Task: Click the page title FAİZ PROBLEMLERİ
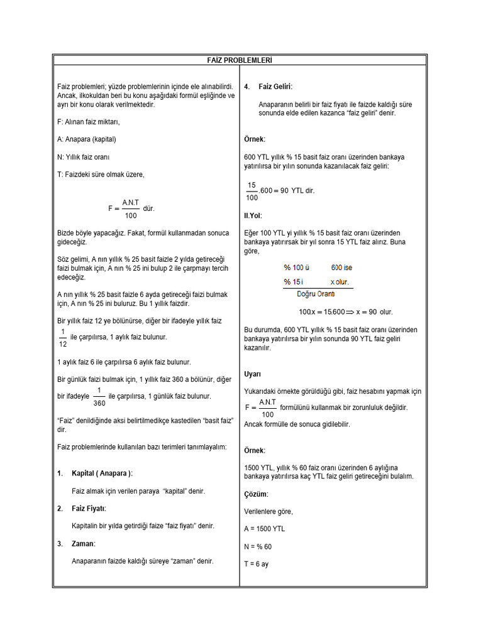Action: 240,60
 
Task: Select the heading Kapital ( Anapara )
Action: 102,473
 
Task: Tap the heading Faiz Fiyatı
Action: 89,508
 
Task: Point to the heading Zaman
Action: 84,543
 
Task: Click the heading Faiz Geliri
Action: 275,86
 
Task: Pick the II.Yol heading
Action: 253,215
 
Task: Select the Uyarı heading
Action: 253,374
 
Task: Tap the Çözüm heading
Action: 256,494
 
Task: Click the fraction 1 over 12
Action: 62,337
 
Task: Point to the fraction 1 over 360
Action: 99,396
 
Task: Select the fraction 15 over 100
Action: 252,191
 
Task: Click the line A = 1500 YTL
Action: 264,529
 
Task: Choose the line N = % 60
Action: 258,546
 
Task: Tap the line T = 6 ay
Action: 256,564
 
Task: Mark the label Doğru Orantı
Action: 315,293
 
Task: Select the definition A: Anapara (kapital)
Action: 86,139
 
